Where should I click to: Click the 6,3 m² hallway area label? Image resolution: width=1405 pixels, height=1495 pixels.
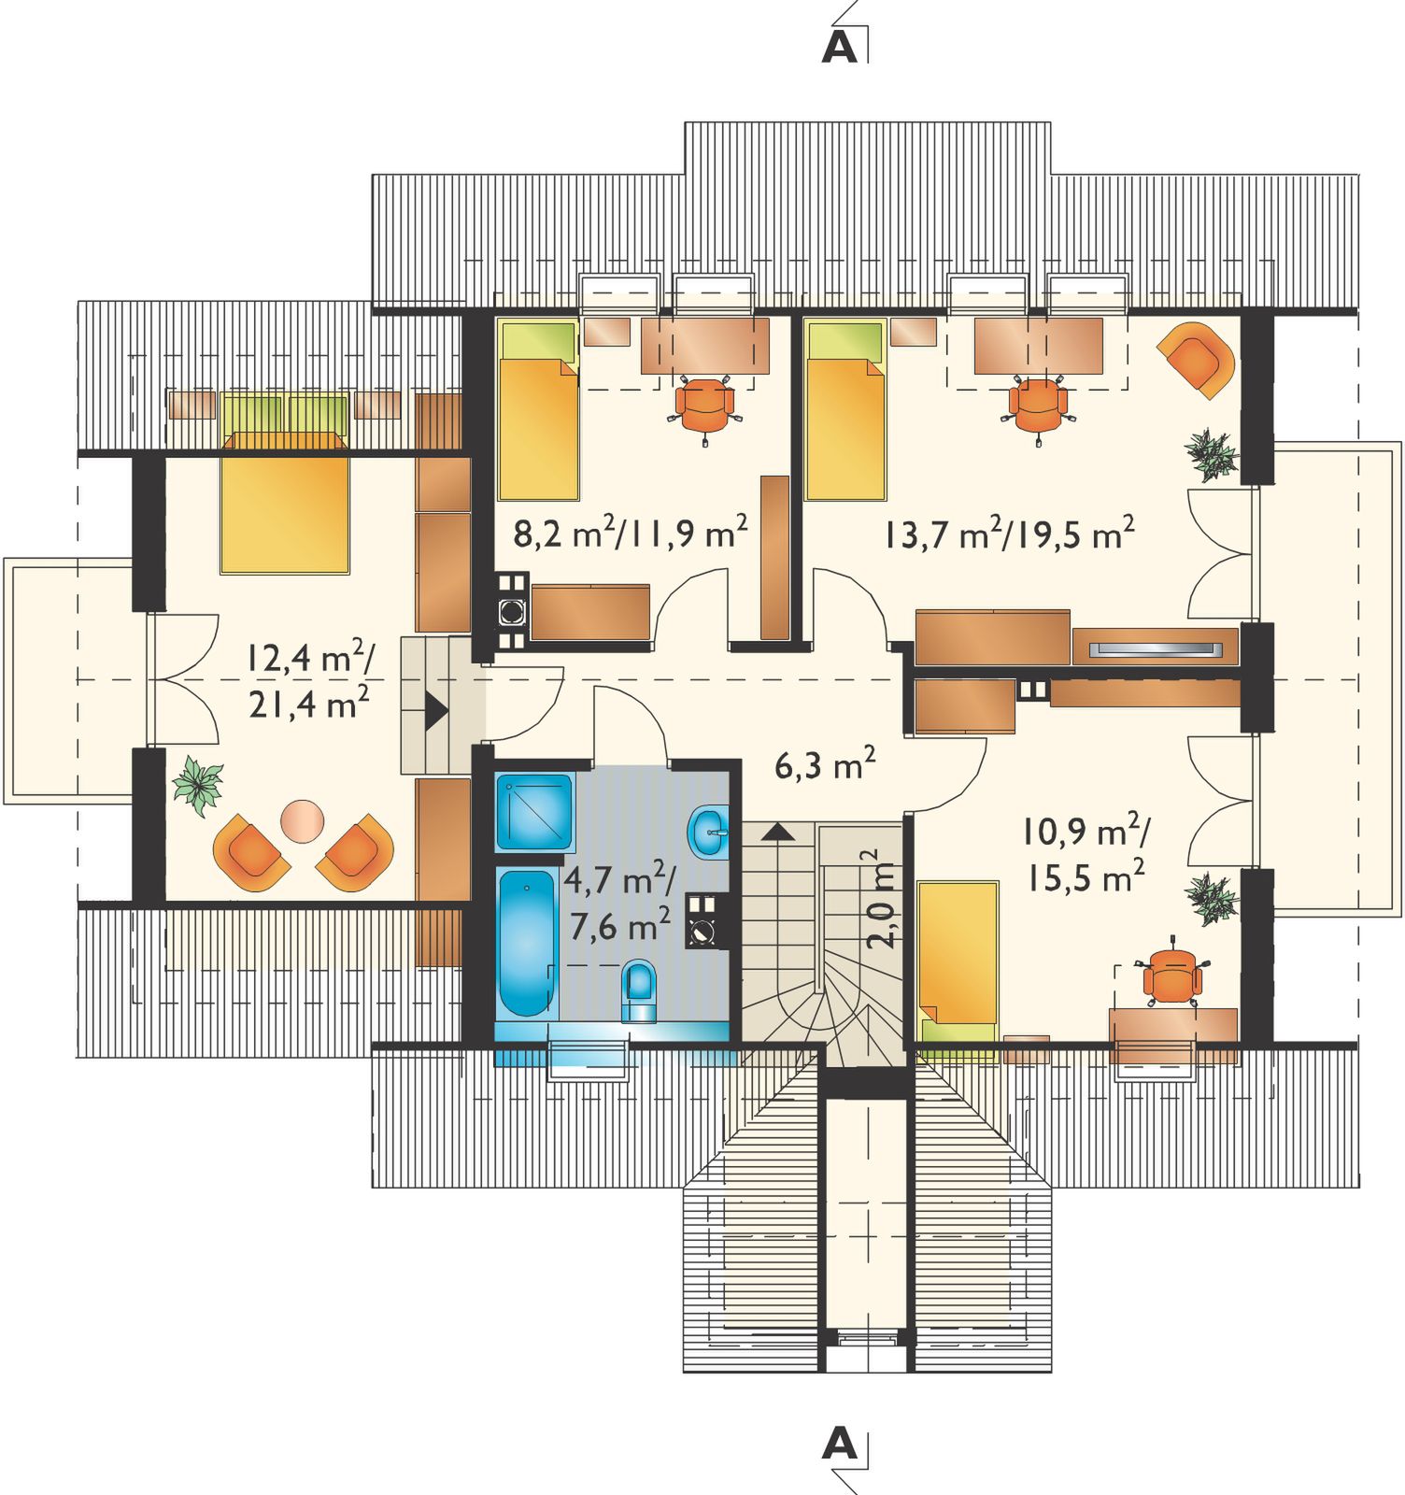(x=825, y=765)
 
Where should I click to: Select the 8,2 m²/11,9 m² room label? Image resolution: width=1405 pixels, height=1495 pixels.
(x=631, y=534)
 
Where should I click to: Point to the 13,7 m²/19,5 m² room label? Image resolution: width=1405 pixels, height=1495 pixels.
(x=1009, y=534)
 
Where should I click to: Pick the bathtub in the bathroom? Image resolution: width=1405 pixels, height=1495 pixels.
(x=527, y=942)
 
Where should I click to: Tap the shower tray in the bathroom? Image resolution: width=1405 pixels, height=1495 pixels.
(x=533, y=811)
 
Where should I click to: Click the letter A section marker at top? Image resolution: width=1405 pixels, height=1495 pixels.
(x=839, y=48)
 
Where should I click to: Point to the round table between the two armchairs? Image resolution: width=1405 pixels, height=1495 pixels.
(x=303, y=820)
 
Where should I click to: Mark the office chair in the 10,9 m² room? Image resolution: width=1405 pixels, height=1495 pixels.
(x=1171, y=978)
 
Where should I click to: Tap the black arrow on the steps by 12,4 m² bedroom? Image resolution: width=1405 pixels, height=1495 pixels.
(x=435, y=711)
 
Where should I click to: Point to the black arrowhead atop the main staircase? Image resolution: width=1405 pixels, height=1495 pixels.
(x=780, y=832)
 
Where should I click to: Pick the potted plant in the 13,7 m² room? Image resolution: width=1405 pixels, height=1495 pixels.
(x=1211, y=455)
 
